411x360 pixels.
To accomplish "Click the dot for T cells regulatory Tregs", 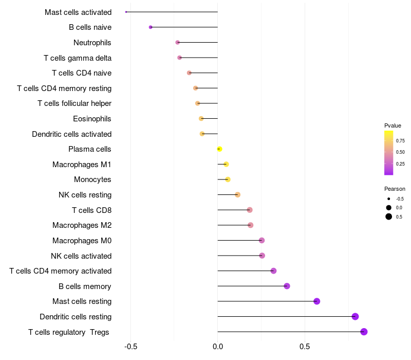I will coord(364,332).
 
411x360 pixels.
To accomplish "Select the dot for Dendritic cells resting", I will coord(355,316).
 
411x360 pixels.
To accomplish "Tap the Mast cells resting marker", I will coord(316,301).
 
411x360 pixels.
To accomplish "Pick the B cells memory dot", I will coord(287,286).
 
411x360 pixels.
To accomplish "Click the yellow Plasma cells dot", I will coord(219,149).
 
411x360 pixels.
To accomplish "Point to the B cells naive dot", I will coord(151,27).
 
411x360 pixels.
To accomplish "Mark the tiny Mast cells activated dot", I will coord(126,12).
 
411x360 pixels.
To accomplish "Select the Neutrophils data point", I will coord(178,42).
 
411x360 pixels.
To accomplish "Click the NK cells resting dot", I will coord(237,195).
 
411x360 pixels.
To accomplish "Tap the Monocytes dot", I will coord(228,179).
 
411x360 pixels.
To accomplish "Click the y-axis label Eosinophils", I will coord(92,119).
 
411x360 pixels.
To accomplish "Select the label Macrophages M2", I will coord(82,225).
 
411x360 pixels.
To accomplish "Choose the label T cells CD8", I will coord(91,210).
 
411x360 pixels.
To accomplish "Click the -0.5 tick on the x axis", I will coord(130,346).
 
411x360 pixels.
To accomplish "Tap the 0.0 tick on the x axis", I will coord(218,346).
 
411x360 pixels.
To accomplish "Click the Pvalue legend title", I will coord(393,125).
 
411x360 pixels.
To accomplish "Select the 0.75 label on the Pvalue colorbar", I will coord(400,140).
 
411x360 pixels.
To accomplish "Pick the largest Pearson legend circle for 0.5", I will coord(389,217).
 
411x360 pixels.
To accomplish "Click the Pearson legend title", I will coord(395,189).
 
